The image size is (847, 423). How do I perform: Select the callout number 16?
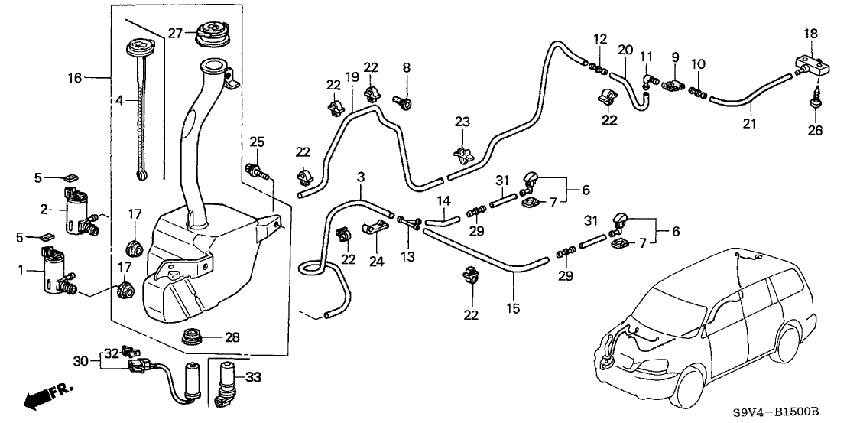[x=74, y=78]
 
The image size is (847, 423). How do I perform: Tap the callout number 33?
[x=254, y=377]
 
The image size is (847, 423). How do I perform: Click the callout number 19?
[x=352, y=77]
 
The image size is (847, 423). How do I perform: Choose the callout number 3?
[x=361, y=177]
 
